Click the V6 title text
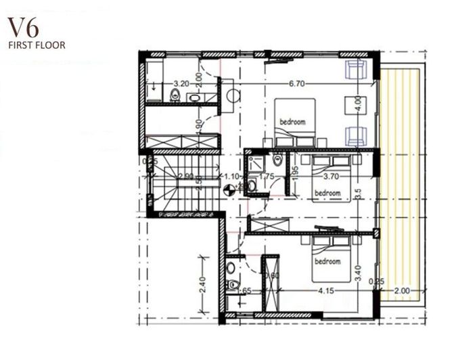(23, 29)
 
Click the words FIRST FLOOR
(37, 47)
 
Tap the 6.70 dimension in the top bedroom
(298, 84)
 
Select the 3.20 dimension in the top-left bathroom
(181, 84)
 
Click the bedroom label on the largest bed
(293, 122)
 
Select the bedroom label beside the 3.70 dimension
(328, 192)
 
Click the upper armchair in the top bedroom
(356, 69)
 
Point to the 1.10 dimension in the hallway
(232, 177)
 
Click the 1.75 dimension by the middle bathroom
(267, 177)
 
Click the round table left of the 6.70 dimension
(233, 95)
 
